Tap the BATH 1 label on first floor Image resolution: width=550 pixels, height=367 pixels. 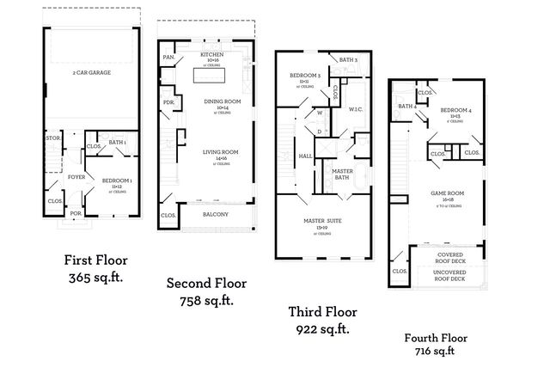(x=117, y=142)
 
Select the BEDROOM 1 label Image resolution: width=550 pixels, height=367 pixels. (x=116, y=181)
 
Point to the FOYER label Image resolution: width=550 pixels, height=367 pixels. (x=77, y=179)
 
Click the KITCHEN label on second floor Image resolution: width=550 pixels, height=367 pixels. (x=211, y=53)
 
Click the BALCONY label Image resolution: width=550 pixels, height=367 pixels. (x=215, y=216)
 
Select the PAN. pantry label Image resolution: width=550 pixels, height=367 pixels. (x=168, y=58)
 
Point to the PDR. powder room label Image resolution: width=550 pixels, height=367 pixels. (x=168, y=104)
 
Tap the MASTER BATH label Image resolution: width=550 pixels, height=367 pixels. (x=343, y=174)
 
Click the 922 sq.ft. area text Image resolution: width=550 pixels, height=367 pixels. (x=323, y=329)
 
